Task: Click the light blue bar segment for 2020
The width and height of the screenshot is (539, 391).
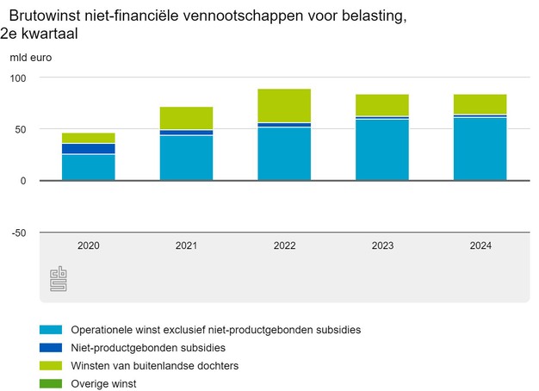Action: (x=89, y=167)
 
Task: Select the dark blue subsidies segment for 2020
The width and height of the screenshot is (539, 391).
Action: (x=89, y=149)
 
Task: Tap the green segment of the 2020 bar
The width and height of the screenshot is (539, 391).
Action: (x=89, y=138)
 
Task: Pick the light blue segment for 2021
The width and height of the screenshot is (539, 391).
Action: (x=186, y=158)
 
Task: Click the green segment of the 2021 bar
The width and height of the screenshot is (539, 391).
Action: (x=186, y=118)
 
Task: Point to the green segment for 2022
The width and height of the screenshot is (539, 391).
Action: (x=284, y=105)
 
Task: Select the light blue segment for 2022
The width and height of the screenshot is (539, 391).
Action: (x=284, y=154)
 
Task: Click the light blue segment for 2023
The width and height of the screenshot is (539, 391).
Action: (x=382, y=150)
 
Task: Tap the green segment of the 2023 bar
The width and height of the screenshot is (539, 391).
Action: (x=382, y=104)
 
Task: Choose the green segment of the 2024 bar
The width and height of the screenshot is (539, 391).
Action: (x=480, y=103)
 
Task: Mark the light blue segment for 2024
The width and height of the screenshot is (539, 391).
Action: (x=480, y=149)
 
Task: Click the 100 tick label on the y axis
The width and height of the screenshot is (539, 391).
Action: (x=19, y=78)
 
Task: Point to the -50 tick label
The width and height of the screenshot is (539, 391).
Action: (x=18, y=233)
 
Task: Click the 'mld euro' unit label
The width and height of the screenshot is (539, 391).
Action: (x=30, y=58)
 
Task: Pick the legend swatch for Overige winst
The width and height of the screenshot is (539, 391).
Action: (x=52, y=383)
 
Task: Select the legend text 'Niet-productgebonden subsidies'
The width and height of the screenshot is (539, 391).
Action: (x=148, y=348)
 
